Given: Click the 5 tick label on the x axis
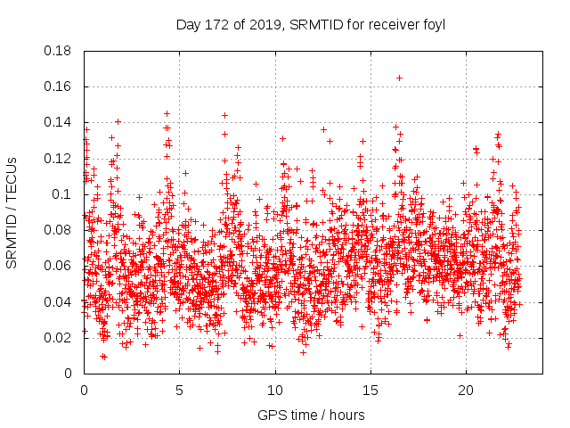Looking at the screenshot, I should (x=179, y=390).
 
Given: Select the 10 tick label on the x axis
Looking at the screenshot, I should (x=275, y=390).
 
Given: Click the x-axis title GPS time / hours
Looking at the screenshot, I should (x=311, y=415).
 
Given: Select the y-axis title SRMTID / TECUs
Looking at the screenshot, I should (x=13, y=212).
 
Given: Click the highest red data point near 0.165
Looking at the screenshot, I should (x=399, y=78).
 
